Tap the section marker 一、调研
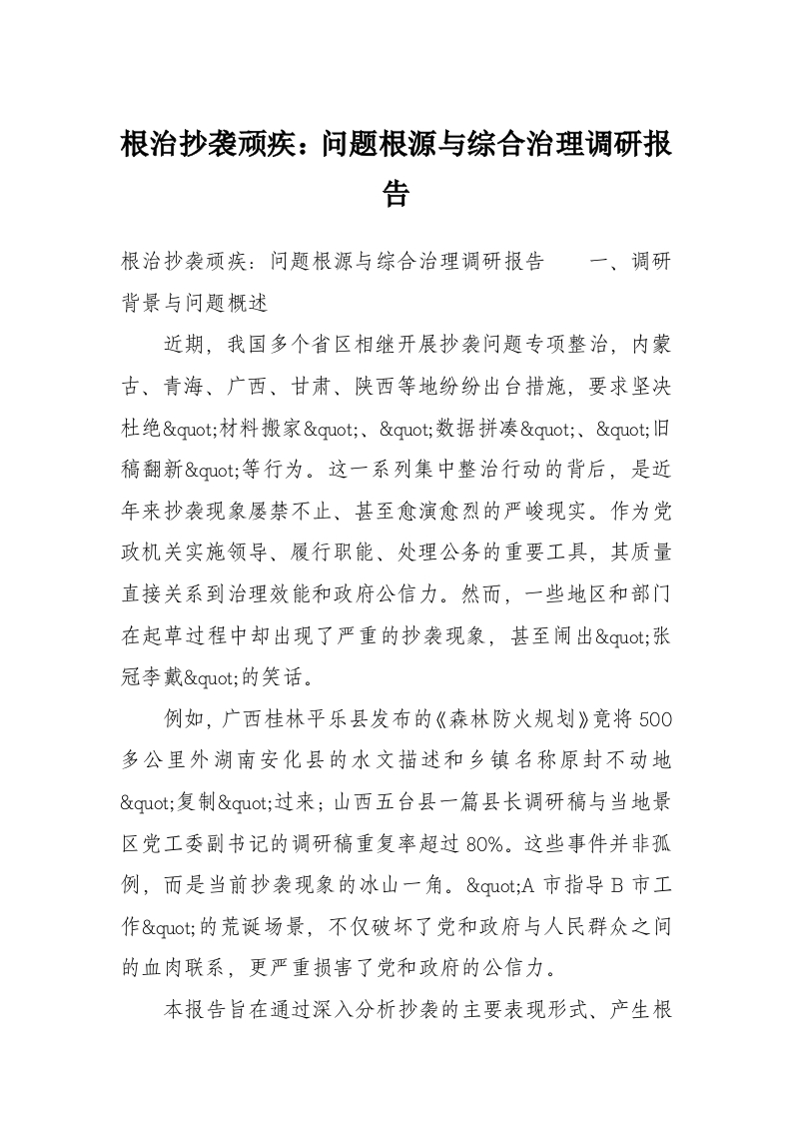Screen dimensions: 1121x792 [631, 263]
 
